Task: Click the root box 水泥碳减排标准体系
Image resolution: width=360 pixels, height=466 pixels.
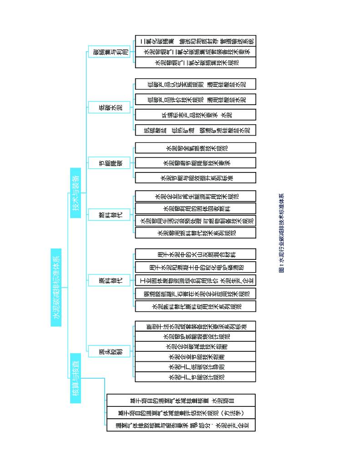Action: [x=56, y=287]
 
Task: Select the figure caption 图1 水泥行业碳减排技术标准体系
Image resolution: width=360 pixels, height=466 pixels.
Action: [x=281, y=233]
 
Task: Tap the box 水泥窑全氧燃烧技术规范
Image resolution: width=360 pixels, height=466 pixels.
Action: [x=196, y=148]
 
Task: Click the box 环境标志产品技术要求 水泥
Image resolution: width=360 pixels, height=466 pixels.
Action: [x=196, y=115]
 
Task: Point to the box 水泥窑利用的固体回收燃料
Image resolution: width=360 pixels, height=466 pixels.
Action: [x=196, y=208]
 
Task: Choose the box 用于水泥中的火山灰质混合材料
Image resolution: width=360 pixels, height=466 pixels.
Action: [x=196, y=254]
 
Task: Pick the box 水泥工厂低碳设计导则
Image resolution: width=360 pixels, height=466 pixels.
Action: [x=196, y=366]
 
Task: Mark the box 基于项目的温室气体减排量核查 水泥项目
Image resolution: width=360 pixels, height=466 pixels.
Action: [x=181, y=400]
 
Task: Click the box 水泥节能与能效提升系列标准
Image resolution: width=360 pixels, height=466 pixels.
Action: [x=196, y=177]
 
